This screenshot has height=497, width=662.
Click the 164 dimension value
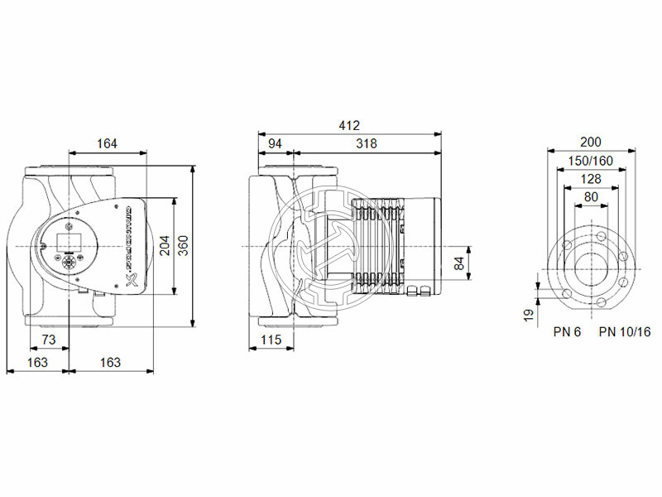[106, 143]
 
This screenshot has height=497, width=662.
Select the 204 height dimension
[165, 245]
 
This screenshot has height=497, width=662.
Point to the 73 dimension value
[48, 340]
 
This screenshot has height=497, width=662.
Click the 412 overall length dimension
[349, 126]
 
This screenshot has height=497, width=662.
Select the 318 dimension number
[366, 143]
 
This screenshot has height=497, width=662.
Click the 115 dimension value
[271, 340]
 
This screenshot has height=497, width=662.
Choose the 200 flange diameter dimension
[591, 142]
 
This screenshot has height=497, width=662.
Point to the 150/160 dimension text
[591, 160]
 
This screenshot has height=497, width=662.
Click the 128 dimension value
[591, 178]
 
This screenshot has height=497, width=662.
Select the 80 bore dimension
[591, 196]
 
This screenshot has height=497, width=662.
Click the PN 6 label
[567, 332]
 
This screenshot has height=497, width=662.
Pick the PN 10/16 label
[625, 332]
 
